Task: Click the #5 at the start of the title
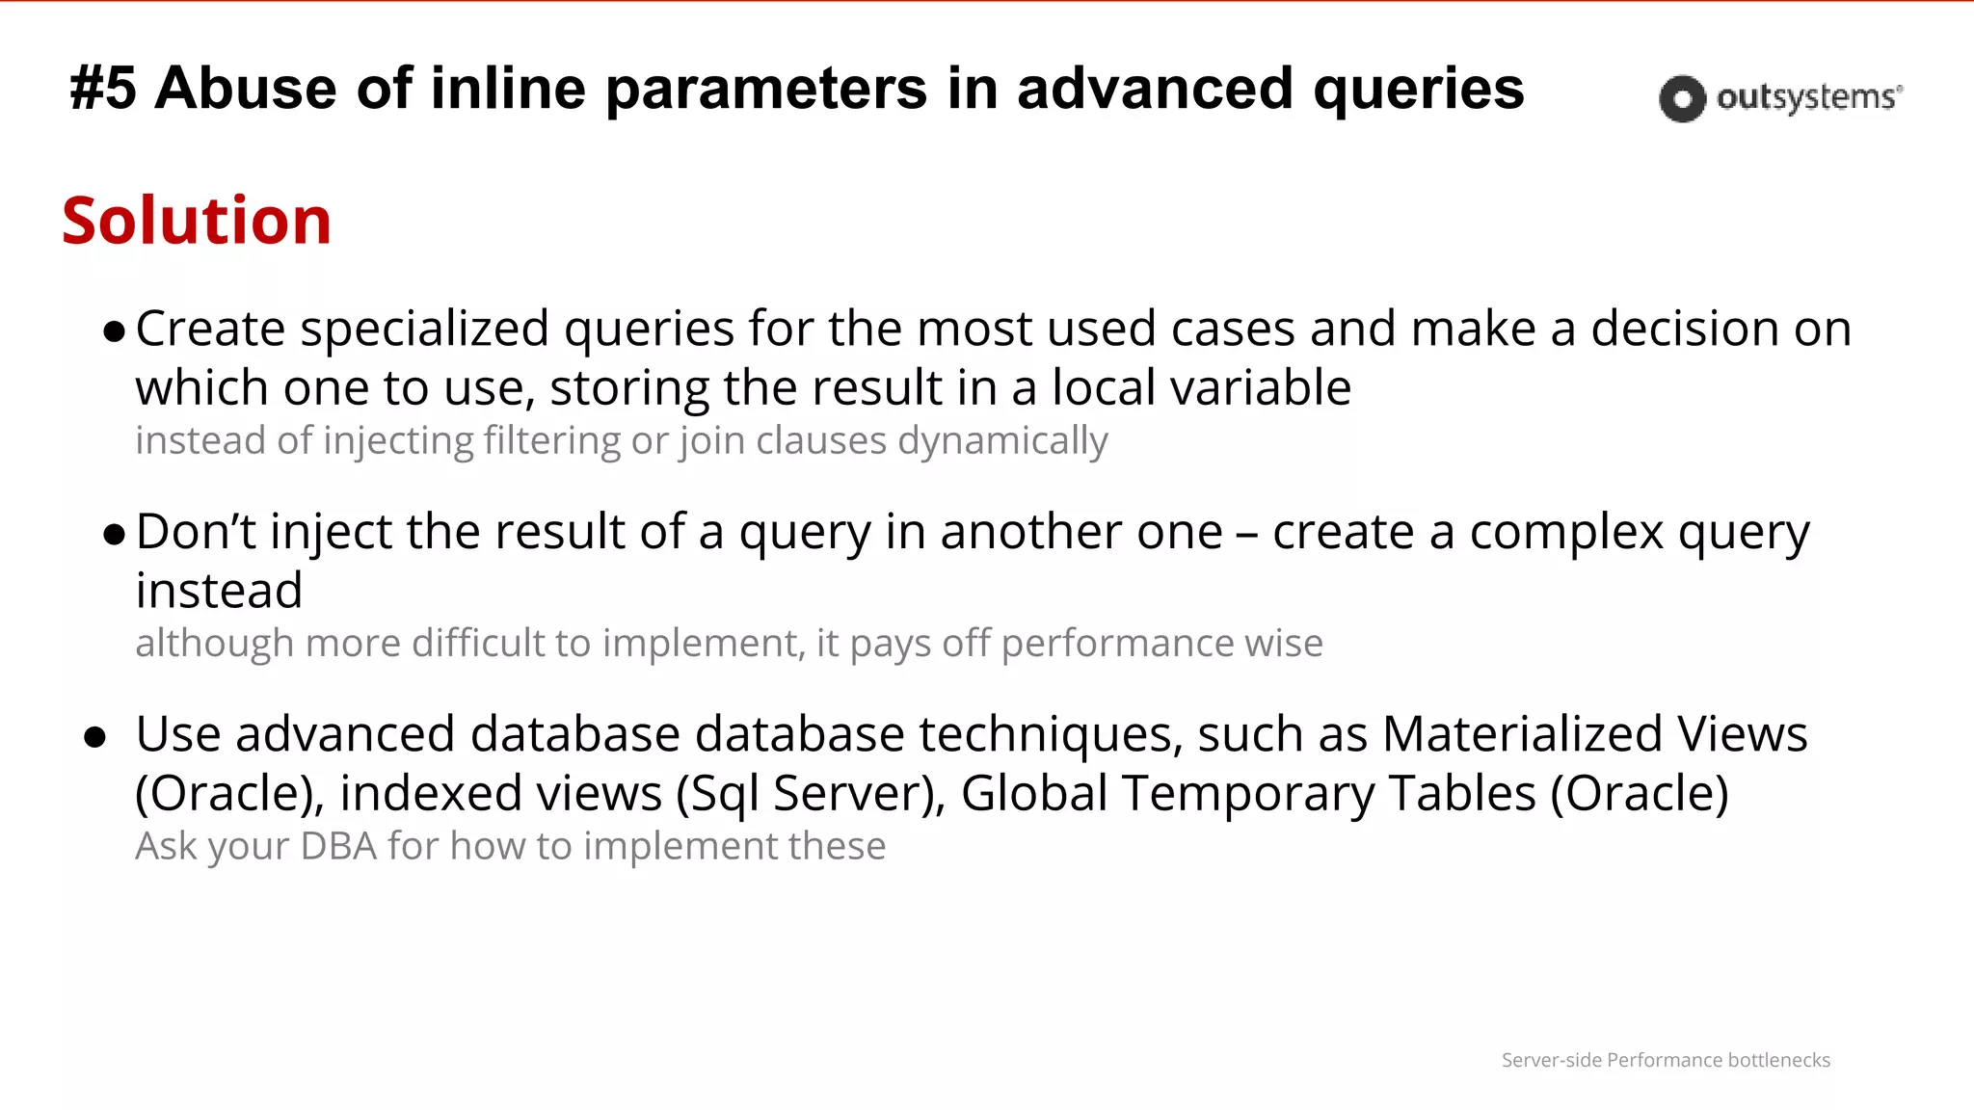tap(103, 89)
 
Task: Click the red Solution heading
tap(197, 221)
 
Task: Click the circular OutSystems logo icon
tap(1682, 98)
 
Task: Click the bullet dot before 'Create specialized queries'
tap(115, 333)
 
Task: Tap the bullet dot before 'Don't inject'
tap(115, 536)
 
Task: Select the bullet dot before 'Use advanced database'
tap(94, 738)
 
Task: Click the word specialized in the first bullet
tap(425, 330)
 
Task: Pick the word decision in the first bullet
tap(1685, 330)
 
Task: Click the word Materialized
tap(1522, 734)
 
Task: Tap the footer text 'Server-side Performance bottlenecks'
tap(1666, 1060)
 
